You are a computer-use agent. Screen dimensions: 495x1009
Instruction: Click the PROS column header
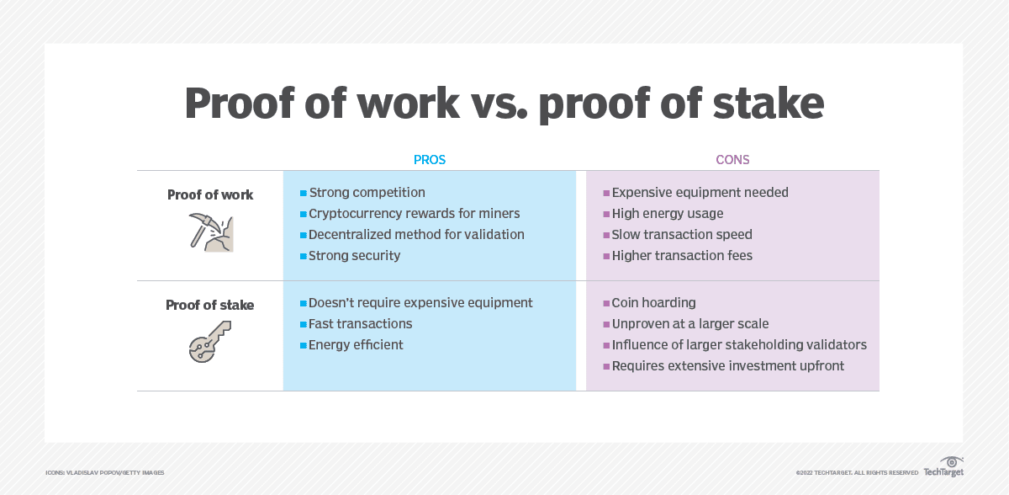[429, 159]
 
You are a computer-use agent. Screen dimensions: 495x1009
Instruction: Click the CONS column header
[732, 159]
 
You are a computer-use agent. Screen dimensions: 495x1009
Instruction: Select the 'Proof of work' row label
[210, 194]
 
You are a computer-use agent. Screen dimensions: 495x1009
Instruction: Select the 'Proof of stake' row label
[209, 305]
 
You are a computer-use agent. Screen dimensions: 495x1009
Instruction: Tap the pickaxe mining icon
[210, 232]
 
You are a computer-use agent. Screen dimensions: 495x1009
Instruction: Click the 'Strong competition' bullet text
[367, 193]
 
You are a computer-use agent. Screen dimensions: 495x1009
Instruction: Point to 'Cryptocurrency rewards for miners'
[414, 214]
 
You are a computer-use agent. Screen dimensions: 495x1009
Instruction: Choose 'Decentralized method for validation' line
[416, 235]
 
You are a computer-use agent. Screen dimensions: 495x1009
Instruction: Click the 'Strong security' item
[354, 255]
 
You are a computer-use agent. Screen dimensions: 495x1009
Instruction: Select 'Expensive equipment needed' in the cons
[700, 193]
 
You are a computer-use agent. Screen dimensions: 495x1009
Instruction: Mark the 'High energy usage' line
[667, 214]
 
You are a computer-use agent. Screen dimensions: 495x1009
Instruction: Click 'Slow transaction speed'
[681, 235]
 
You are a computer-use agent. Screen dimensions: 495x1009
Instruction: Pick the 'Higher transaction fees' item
[682, 255]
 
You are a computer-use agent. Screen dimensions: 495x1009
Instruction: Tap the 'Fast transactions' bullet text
[360, 323]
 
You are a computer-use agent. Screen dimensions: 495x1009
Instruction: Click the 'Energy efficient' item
[356, 344]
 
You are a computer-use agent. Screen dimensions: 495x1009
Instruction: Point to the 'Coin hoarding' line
[653, 303]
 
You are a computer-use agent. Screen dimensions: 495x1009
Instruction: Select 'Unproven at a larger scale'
[689, 323]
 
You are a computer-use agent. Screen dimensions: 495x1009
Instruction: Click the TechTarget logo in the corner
[943, 467]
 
